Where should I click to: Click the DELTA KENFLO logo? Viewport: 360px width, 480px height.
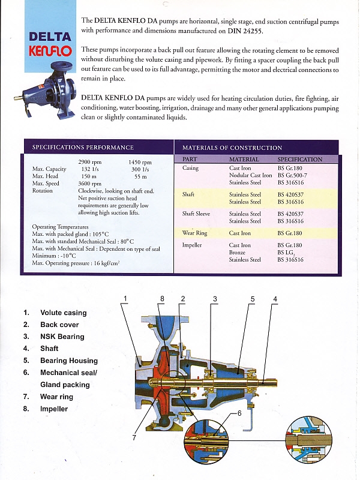pos(50,43)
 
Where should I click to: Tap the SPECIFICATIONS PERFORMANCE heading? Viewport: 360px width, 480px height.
pos(83,148)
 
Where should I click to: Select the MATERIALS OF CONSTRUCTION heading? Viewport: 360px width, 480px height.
pos(232,148)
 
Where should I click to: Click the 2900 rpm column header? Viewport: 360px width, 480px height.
pos(90,162)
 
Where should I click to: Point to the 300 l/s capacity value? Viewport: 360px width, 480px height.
pos(140,169)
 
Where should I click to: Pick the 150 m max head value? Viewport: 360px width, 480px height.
pos(89,176)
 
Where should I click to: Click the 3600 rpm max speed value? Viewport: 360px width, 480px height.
pos(89,184)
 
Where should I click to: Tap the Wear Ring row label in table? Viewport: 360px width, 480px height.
pos(194,233)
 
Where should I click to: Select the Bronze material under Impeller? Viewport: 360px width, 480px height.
pos(238,253)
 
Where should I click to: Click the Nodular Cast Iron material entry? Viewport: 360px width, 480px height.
pos(250,175)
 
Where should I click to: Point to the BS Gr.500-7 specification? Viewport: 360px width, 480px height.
pos(293,175)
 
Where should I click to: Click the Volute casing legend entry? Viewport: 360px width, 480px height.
pos(63,313)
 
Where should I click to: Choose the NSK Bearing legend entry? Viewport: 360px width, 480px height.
pos(62,337)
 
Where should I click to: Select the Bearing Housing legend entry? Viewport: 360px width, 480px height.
pos(68,361)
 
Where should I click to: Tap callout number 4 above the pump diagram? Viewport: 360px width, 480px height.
pos(275,299)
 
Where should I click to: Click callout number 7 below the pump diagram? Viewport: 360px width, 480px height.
pos(134,437)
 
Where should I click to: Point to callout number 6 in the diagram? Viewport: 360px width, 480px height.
pos(239,414)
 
